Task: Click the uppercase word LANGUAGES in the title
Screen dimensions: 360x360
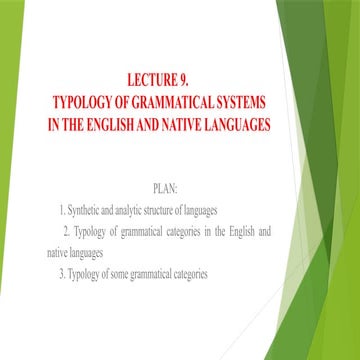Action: pyautogui.click(x=237, y=125)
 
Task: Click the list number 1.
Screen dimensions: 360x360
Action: pyautogui.click(x=62, y=209)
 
